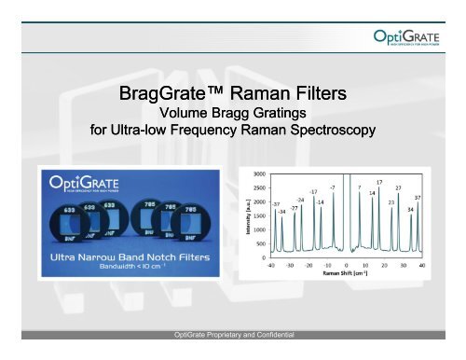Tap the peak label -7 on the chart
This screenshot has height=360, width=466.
(x=332, y=188)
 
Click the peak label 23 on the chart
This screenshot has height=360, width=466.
(x=391, y=201)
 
